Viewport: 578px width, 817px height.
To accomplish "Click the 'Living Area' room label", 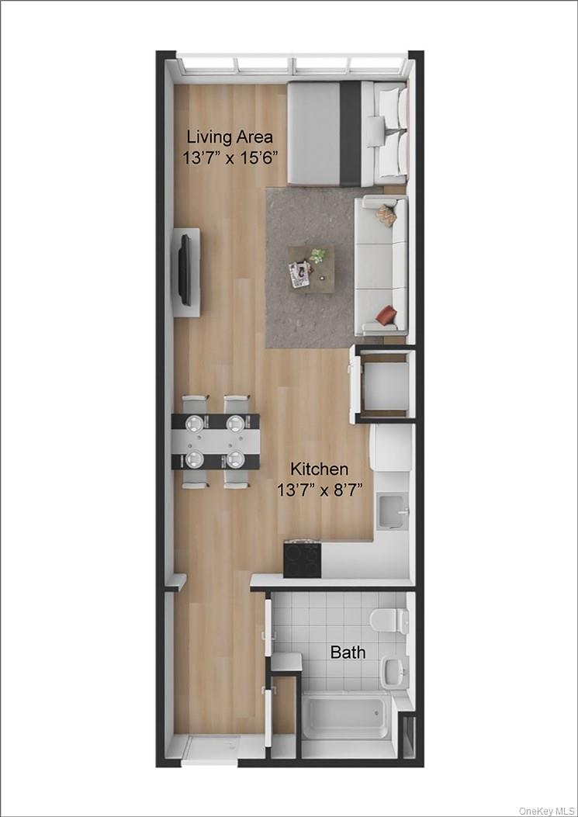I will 230,137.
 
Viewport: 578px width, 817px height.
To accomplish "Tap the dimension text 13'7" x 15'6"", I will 230,158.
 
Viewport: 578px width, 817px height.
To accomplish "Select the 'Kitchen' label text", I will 319,469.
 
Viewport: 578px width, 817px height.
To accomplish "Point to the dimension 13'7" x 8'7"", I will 319,490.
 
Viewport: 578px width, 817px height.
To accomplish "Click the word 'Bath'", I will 348,653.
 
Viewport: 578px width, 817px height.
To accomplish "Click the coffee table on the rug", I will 312,268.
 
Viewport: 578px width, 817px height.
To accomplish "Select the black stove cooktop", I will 302,559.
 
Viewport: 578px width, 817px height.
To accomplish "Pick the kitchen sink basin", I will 391,510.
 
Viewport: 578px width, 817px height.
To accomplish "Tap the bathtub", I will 346,717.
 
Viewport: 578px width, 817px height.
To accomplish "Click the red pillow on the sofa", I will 386,315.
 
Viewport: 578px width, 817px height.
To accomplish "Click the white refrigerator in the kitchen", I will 390,448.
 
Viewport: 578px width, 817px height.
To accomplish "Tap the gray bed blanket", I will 313,133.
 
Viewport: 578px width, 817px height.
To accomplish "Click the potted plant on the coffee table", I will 317,254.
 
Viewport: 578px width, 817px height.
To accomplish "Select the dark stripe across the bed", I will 351,133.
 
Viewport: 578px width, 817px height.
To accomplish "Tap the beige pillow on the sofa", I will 386,216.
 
